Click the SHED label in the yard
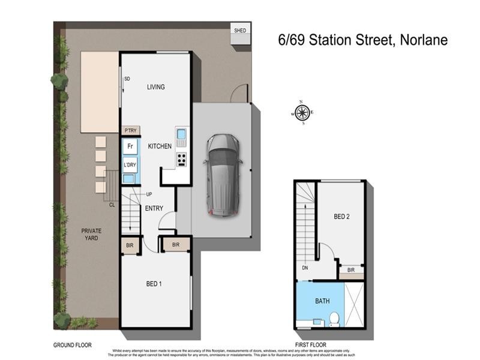[x=239, y=31]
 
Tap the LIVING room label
[x=156, y=87]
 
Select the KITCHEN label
[x=160, y=146]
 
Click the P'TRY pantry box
[x=130, y=130]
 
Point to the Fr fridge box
[x=130, y=146]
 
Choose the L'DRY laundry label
[x=130, y=165]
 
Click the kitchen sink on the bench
[x=181, y=134]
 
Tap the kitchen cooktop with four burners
[x=181, y=160]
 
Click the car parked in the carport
[x=223, y=175]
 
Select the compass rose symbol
[x=302, y=112]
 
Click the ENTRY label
[x=154, y=208]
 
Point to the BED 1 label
[x=154, y=284]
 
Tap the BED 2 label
[x=341, y=217]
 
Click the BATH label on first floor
[x=322, y=301]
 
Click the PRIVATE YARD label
[x=92, y=235]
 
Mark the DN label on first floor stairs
[x=305, y=268]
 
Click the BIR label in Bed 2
[x=351, y=271]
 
